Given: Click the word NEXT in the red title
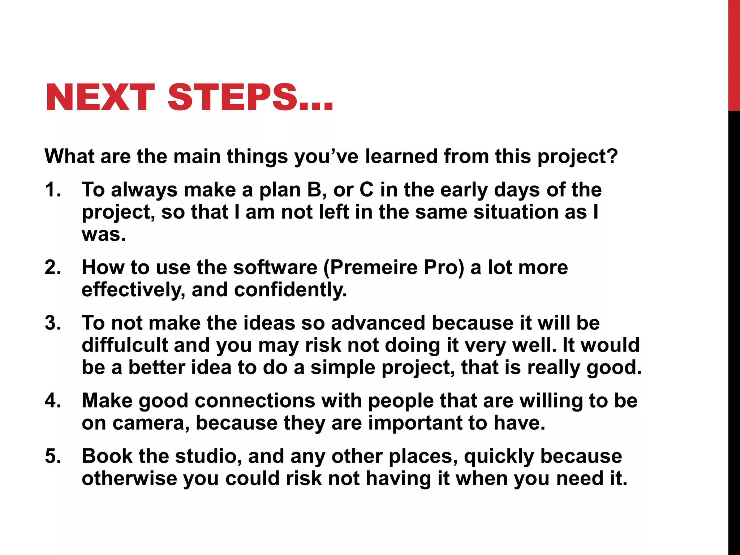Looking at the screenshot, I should click(x=100, y=98).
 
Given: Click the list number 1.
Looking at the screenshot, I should click(x=52, y=190).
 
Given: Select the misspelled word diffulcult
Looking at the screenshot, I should click(x=125, y=345).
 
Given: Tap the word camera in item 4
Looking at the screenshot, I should click(x=151, y=423).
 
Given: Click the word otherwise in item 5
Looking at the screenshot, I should click(x=129, y=478).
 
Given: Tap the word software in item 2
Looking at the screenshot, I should click(x=275, y=267).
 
